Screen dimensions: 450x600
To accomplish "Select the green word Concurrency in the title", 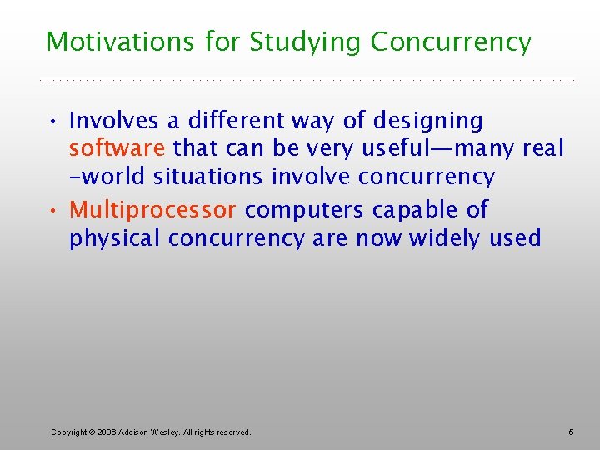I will (451, 42).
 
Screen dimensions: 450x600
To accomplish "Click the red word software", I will (117, 149).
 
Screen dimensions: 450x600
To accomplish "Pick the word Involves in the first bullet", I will (114, 121).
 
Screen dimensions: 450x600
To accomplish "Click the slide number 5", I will (571, 432).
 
